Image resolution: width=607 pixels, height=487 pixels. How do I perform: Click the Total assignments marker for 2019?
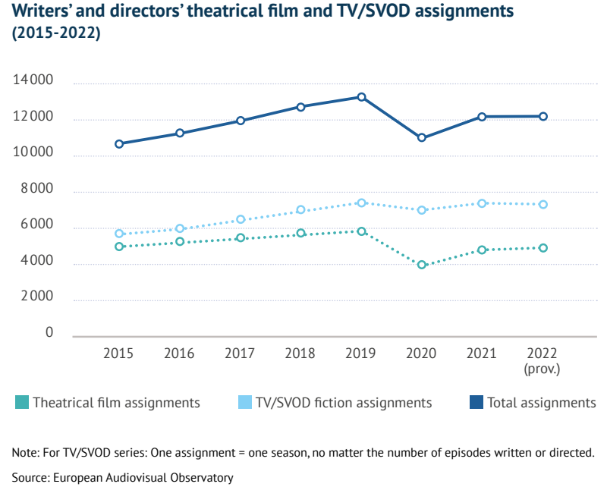(x=362, y=97)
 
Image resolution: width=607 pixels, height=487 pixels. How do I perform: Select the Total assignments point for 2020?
(x=422, y=138)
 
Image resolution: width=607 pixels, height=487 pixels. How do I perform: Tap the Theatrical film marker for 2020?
(x=422, y=265)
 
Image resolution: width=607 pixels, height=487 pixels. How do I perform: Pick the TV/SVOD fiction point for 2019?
(x=362, y=203)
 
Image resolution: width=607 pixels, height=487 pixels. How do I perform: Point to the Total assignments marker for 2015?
(x=119, y=144)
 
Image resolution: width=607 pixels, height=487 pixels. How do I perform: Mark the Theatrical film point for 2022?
(x=543, y=248)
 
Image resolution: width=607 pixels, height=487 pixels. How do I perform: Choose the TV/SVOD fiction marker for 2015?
(x=119, y=234)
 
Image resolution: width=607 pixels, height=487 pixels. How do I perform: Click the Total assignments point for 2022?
(x=543, y=116)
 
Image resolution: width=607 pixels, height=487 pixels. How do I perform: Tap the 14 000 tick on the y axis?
(x=32, y=82)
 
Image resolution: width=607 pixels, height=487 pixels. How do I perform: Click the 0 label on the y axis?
(x=49, y=334)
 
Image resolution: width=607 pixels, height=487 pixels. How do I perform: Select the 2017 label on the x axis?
(x=240, y=353)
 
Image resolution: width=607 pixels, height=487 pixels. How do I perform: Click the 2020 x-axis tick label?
(x=422, y=353)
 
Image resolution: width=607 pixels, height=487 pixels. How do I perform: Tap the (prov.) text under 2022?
(x=542, y=369)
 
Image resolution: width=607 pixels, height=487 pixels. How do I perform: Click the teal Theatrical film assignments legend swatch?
(x=21, y=403)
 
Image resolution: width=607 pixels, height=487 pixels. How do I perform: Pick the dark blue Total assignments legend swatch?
(x=476, y=403)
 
